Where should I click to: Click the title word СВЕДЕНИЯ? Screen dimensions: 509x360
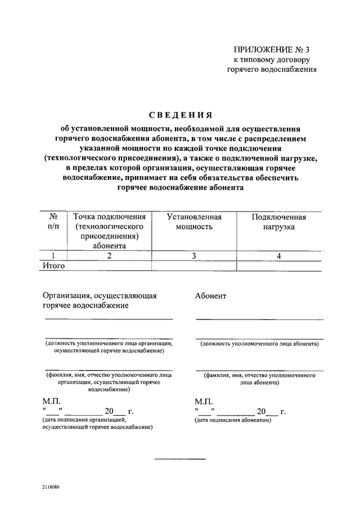coord(179,115)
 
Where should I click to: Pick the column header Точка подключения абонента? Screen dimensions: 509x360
coord(110,231)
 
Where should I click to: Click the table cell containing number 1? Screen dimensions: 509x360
coord(54,256)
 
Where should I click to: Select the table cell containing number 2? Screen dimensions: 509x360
coord(110,256)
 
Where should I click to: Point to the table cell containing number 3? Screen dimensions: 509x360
coord(194,256)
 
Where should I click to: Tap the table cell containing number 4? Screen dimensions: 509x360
coord(278,256)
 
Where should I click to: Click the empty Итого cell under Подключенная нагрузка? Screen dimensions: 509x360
coord(278,266)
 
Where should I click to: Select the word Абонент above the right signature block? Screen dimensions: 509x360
coord(211,296)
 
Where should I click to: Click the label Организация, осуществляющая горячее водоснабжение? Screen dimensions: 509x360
coord(99,300)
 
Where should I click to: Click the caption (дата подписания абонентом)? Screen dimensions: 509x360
coord(233,420)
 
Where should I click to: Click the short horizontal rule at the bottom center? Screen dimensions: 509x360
coord(180,460)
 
